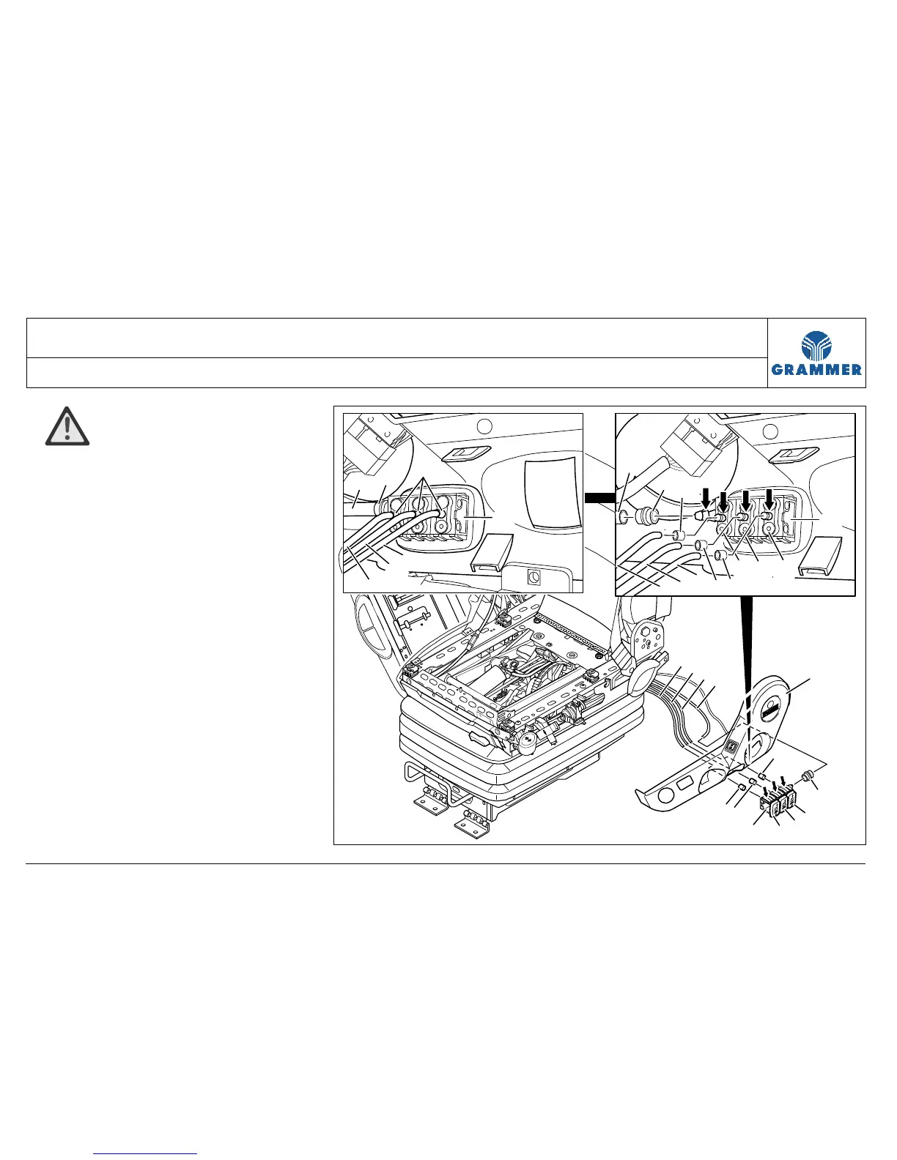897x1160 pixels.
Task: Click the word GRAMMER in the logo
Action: click(x=817, y=370)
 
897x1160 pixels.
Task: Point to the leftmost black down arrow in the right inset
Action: click(x=706, y=497)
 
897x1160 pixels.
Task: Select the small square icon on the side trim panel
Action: click(x=732, y=748)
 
